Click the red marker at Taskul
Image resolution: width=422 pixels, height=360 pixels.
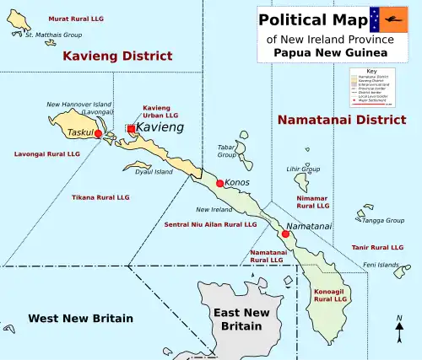point(98,134)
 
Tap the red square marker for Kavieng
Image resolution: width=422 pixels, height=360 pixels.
point(131,128)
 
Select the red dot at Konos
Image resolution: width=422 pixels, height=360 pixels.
point(220,183)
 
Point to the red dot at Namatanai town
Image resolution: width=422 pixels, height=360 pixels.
point(285,234)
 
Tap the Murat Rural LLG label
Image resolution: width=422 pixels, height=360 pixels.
point(53,17)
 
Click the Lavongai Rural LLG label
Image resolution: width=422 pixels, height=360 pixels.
point(47,154)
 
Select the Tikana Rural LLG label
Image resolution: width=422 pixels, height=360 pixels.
point(100,196)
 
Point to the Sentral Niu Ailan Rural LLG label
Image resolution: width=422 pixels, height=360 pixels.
point(210,225)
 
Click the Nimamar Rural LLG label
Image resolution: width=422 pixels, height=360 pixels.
point(313,201)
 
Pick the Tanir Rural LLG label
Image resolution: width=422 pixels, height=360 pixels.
point(377,247)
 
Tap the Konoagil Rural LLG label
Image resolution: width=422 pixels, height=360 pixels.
point(330,295)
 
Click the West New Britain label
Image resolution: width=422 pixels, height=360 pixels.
point(80,318)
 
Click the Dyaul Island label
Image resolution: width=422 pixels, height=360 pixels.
point(154,172)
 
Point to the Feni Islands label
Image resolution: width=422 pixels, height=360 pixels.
point(381,265)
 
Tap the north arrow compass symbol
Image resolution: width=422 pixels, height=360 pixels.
point(399,330)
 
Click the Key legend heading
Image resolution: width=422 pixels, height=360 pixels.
point(371,71)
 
